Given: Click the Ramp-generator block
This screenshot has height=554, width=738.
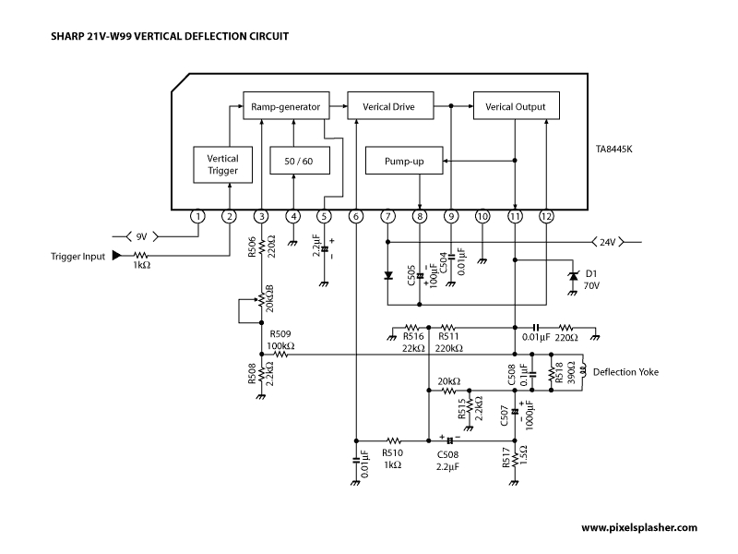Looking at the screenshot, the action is click(286, 105).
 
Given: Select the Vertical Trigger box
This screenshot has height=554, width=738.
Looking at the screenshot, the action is click(222, 165).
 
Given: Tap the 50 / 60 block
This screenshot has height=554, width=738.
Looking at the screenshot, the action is click(299, 161).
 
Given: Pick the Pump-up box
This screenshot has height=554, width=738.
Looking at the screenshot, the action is click(404, 161).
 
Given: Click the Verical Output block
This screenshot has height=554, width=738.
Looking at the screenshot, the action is click(517, 105).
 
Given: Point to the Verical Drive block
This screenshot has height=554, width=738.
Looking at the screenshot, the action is click(390, 105).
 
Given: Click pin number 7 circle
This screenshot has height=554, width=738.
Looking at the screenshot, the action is click(387, 217).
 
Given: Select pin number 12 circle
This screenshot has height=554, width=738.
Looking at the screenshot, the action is click(546, 217).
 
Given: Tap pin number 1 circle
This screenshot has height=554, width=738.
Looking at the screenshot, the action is click(197, 217).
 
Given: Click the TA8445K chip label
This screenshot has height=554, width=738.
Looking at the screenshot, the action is click(613, 150).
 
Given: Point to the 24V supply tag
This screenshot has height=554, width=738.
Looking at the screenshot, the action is click(608, 242).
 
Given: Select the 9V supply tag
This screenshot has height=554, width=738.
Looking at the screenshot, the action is click(142, 236).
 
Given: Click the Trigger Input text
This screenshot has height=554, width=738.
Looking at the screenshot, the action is click(77, 257).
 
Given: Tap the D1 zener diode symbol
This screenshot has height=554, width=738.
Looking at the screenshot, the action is click(573, 276).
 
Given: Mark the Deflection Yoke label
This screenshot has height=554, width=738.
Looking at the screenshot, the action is click(625, 372).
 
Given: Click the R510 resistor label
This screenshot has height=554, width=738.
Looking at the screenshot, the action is click(392, 453).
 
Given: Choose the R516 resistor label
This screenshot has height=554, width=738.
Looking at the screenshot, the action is click(413, 336).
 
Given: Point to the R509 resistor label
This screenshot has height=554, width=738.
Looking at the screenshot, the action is click(280, 334).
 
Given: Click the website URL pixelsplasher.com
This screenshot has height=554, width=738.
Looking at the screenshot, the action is click(639, 527).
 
